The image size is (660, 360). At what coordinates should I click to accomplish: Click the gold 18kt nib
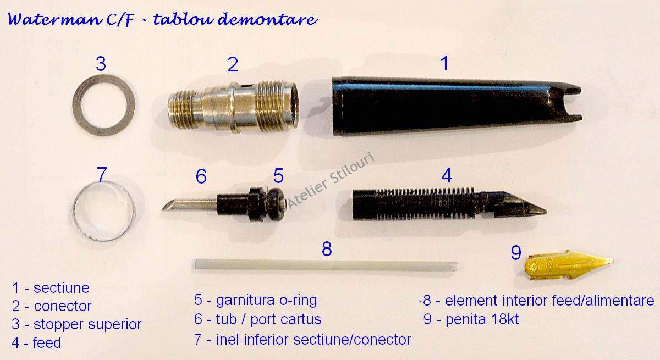tap(569, 265)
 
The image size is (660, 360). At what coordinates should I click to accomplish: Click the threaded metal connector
tap(233, 107)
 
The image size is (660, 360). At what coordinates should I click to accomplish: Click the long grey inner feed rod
tap(326, 265)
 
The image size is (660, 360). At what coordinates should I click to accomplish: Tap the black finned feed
tap(442, 204)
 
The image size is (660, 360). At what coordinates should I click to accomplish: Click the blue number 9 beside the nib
tap(516, 253)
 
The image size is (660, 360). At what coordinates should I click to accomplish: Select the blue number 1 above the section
tap(444, 63)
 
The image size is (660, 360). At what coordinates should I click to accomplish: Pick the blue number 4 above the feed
tap(447, 175)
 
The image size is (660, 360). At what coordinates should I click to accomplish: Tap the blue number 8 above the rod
tap(327, 249)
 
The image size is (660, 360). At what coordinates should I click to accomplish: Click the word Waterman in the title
tap(54, 19)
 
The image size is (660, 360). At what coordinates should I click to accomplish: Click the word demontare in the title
tap(268, 19)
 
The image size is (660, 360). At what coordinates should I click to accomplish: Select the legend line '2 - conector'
tap(52, 306)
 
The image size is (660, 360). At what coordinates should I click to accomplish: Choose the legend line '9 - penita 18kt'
tap(471, 319)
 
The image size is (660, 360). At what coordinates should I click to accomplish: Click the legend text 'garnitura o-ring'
tap(266, 301)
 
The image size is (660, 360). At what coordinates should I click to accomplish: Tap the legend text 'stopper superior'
tap(87, 324)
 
